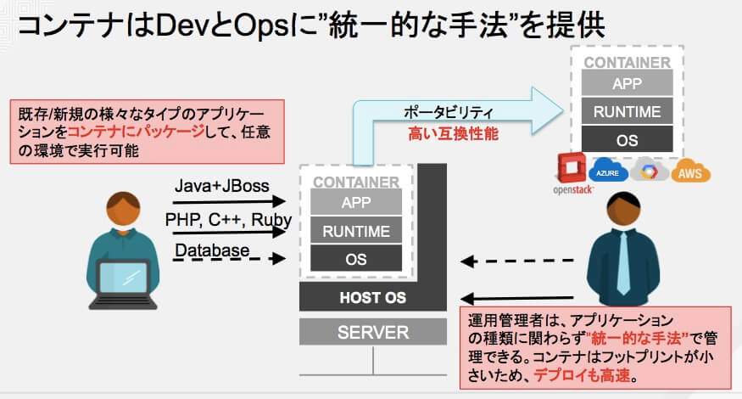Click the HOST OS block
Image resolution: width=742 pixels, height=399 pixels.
373,298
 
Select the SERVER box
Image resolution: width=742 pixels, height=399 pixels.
373,332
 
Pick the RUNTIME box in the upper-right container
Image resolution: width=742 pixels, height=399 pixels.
627,110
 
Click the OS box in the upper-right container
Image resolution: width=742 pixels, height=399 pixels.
627,138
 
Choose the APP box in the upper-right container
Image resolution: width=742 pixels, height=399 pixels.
627,82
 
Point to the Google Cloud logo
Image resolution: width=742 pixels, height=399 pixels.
650,172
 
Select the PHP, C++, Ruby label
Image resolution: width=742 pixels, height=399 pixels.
228,219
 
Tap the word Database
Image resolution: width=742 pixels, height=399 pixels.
212,250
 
